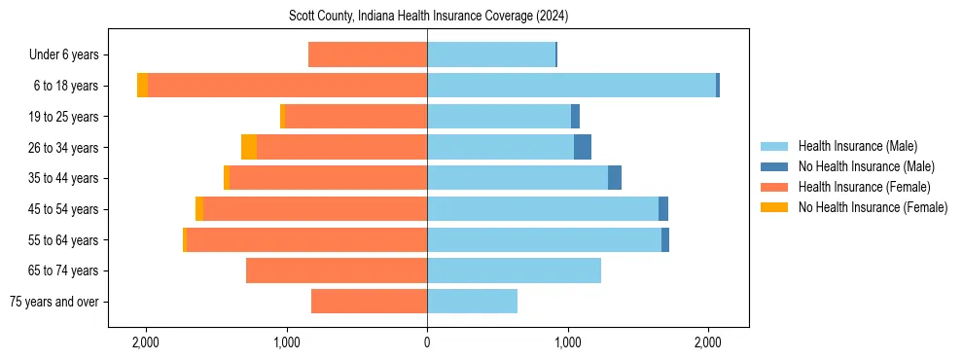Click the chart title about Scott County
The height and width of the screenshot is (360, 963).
(x=428, y=17)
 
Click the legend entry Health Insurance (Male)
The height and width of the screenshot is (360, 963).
(x=857, y=146)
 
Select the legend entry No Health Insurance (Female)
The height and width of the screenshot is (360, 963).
(x=873, y=207)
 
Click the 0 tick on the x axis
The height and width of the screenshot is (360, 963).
(x=427, y=342)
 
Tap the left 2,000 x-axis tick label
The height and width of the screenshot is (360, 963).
(x=146, y=342)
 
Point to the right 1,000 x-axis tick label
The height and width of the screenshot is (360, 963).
(x=568, y=342)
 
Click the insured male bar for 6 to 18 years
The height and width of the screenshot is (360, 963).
(x=571, y=86)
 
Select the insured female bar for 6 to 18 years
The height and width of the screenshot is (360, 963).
(x=287, y=86)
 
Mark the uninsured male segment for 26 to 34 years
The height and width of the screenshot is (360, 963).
(x=583, y=147)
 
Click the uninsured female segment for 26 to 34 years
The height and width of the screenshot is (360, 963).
(x=249, y=147)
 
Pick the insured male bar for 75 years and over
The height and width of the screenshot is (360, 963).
(x=472, y=302)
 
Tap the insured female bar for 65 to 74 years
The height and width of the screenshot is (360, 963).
(x=337, y=270)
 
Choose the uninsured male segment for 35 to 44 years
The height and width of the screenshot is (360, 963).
(x=615, y=178)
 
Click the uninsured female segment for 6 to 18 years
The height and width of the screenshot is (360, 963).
(x=142, y=86)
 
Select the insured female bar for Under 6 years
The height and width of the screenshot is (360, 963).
(x=368, y=54)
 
